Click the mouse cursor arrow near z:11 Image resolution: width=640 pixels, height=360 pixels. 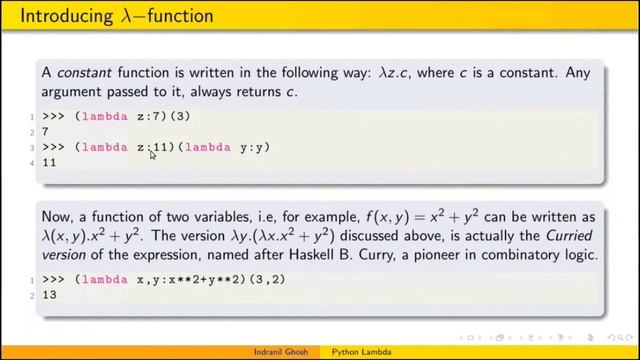coord(152,154)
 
